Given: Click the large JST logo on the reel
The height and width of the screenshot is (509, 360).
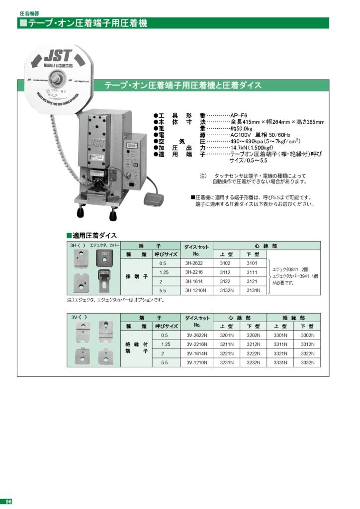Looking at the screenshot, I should pos(59,54).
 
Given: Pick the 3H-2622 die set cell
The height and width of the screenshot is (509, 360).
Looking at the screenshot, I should pos(194,263).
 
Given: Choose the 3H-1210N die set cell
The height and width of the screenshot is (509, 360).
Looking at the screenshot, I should pos(194,290).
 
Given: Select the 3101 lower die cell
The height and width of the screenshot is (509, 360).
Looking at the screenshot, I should pos(253,263).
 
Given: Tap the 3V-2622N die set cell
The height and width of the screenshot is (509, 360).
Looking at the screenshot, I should pos(197,335).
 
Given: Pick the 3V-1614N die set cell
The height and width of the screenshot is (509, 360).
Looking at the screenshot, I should pos(197,353).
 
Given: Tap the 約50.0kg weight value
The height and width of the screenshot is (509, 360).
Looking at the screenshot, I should pos(241,128).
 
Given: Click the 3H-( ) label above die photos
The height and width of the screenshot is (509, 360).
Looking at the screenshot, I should pos(78,246).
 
